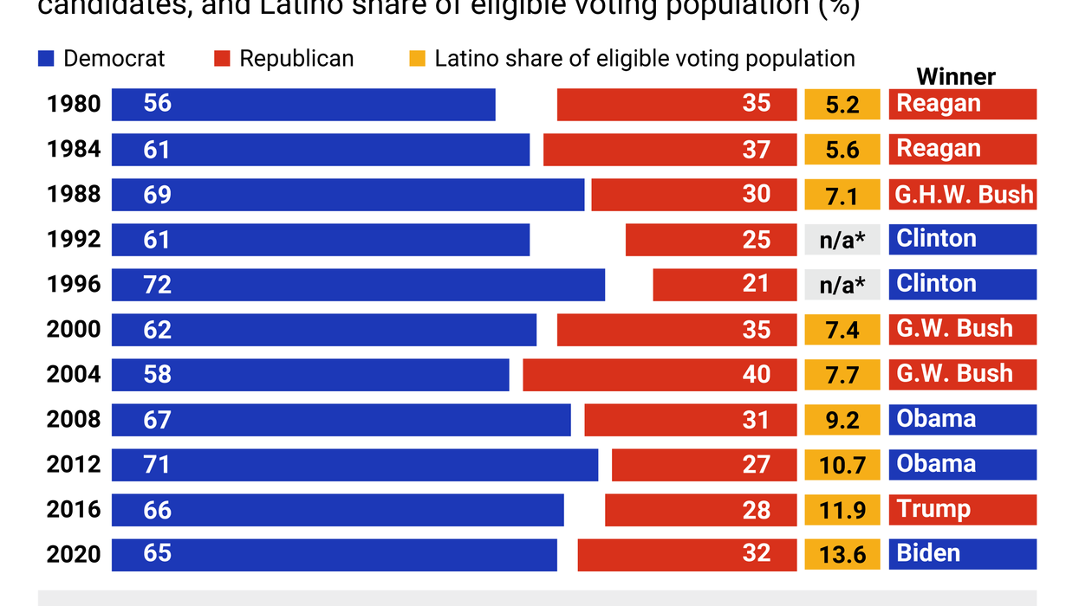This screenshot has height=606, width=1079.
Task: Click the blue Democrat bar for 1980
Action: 303,104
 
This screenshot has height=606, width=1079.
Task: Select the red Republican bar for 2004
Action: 659,374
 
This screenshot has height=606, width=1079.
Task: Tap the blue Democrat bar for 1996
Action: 358,284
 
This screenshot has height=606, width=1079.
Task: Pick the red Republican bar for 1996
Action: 724,284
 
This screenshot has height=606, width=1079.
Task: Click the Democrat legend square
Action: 47,59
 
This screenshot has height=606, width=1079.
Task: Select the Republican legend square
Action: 222,59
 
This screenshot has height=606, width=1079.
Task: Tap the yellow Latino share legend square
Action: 418,59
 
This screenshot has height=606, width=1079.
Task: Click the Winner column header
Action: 956,76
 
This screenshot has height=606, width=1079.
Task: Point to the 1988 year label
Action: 74,194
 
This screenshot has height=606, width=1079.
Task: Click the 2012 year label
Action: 74,464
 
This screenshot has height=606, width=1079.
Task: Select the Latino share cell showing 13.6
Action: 842,554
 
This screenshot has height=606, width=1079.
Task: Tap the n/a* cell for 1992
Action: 842,239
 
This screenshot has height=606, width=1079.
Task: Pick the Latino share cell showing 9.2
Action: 842,419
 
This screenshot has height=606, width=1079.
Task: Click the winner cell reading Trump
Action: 962,509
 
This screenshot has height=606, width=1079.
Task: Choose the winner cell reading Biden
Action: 962,554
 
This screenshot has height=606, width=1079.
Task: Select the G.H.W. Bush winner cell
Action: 962,194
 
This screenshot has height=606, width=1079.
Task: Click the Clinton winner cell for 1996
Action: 962,284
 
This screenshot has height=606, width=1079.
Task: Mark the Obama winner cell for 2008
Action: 962,419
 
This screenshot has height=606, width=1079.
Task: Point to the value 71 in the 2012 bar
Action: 157,464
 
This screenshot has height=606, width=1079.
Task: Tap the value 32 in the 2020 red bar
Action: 756,554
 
